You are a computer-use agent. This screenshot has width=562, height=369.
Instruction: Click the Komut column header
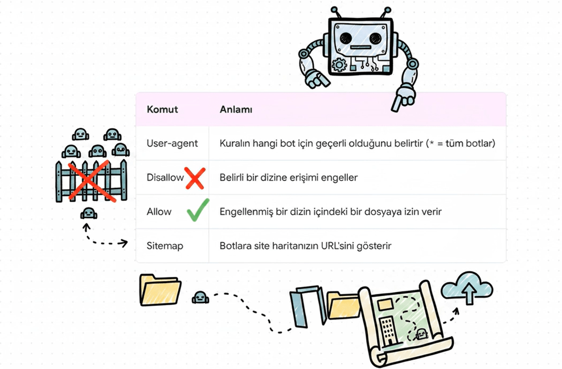[x=162, y=109]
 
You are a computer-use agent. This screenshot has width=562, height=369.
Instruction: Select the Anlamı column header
[x=236, y=109]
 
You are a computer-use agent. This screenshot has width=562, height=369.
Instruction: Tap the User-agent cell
[x=172, y=143]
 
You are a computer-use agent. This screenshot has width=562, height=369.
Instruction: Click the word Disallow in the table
[x=165, y=177]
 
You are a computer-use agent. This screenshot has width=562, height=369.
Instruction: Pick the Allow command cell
[x=159, y=212]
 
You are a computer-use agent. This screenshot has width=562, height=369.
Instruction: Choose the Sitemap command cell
[x=165, y=246]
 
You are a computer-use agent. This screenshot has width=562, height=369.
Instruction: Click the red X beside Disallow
[x=195, y=178]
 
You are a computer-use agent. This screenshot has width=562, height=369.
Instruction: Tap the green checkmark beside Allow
[x=198, y=211]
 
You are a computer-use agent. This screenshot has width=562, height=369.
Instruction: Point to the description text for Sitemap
[x=305, y=246]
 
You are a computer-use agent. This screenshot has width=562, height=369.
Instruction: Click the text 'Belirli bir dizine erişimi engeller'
[x=289, y=178]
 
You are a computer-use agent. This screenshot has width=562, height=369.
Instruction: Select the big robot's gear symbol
[x=339, y=64]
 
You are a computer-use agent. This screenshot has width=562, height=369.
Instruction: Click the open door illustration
[x=308, y=306]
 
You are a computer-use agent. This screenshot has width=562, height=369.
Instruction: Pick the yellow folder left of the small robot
[x=160, y=290]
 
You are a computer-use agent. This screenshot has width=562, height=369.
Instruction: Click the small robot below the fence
[x=88, y=214]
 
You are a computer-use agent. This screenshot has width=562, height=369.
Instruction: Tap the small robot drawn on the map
[x=421, y=335]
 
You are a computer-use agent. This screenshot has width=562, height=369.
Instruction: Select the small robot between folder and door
[x=200, y=298]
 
